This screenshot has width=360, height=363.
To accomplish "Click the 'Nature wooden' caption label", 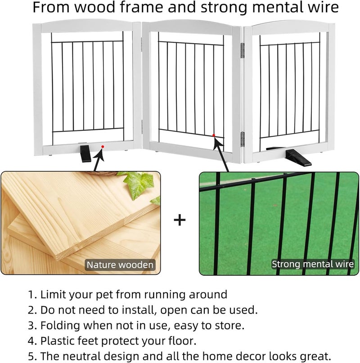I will [120, 265].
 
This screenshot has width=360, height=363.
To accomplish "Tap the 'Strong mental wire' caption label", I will [312, 264].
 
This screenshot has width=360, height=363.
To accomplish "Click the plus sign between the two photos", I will [180, 220].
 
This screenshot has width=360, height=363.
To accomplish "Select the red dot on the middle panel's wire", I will [214, 135].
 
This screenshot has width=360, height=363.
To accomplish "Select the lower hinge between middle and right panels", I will [243, 139].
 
